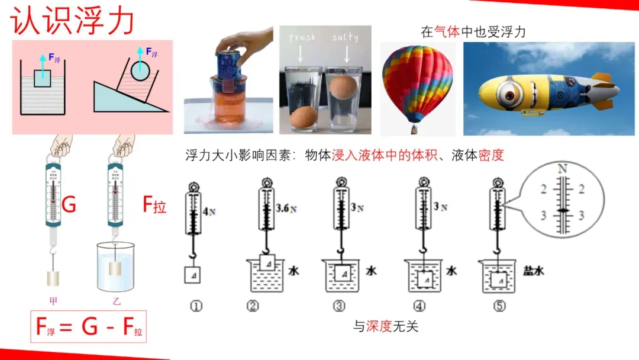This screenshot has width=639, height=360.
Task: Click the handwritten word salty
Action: pos(345,37)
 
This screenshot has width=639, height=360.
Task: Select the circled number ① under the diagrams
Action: pos(196,306)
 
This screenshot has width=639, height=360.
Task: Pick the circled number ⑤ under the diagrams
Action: pos(501,306)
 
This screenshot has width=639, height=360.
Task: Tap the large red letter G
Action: pos(69,205)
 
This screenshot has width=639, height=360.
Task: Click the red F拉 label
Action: pos(154,205)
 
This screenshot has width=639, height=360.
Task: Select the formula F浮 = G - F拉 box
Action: pos(88,326)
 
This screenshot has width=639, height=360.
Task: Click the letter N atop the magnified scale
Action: pos(562,169)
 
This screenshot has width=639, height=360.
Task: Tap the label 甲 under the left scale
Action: pos(53,301)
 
